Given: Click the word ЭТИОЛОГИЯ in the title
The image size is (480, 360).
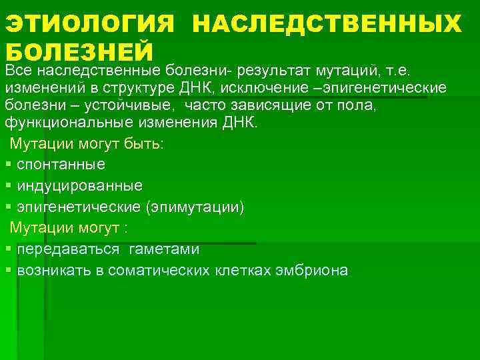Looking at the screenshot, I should [x=89, y=25].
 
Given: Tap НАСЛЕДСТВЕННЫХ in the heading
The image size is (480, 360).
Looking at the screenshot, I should [x=326, y=25].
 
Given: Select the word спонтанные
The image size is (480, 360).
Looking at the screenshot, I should [x=61, y=164].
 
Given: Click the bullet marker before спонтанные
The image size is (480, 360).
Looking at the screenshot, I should [x=7, y=164].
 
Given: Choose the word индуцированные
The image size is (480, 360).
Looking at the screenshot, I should [x=79, y=185].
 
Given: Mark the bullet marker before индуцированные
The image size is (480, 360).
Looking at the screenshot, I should [x=7, y=185].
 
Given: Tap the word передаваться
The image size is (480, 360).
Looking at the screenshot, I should [x=69, y=249].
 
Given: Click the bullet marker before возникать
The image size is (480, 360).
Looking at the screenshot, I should [x=7, y=271].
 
